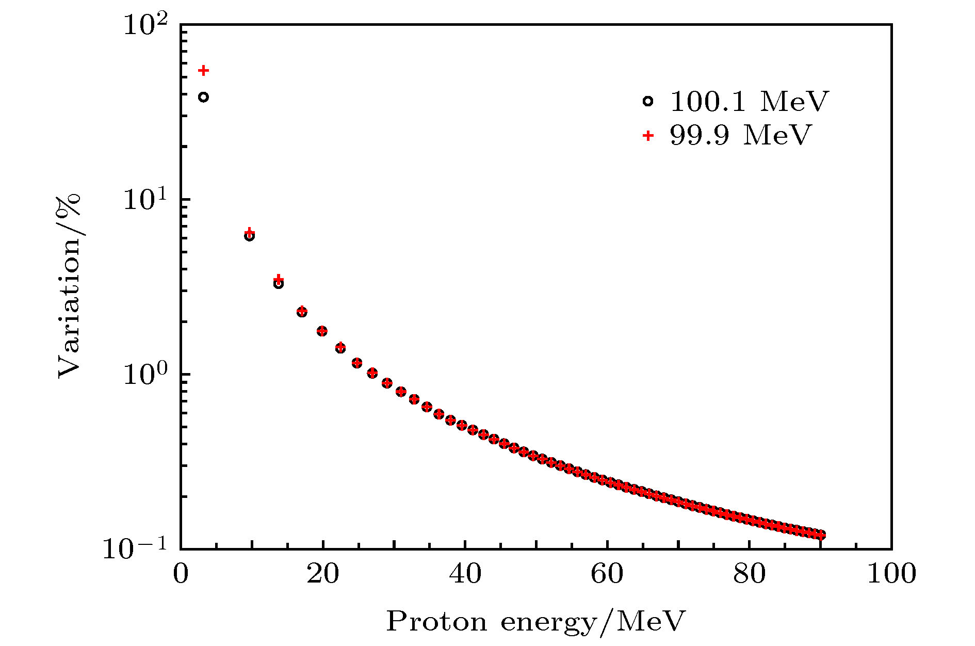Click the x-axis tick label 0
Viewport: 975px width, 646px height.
tap(181, 574)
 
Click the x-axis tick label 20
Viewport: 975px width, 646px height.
tap(323, 574)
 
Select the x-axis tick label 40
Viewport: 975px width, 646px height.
tap(465, 574)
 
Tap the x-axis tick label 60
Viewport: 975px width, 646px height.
tap(607, 574)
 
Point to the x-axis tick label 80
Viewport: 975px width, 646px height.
tap(750, 574)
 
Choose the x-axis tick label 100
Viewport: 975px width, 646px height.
tap(891, 574)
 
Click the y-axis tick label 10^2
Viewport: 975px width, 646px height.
tap(145, 25)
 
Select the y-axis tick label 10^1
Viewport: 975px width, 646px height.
tap(145, 200)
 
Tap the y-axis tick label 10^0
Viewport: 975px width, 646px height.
tap(145, 375)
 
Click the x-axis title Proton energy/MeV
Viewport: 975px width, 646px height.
tap(536, 622)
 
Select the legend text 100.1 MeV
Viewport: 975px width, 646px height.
tap(749, 102)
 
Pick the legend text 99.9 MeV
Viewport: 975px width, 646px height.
tap(741, 135)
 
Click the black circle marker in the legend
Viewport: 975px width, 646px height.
tap(648, 102)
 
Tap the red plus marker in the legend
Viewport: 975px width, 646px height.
tap(648, 136)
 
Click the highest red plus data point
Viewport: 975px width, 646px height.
tap(204, 70)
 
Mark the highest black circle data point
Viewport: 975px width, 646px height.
tap(204, 97)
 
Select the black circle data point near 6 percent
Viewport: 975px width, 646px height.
tap(249, 236)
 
